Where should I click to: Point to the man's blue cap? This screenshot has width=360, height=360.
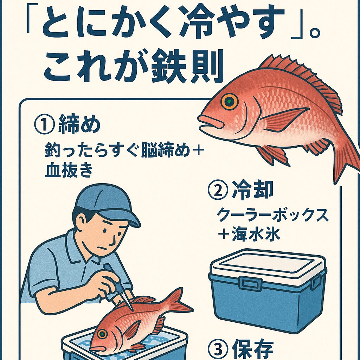[x=105, y=204]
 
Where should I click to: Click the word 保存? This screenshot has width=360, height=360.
[x=252, y=349]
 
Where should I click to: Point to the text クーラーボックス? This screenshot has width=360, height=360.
[x=272, y=215]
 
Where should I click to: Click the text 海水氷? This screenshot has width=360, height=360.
[x=256, y=234]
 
